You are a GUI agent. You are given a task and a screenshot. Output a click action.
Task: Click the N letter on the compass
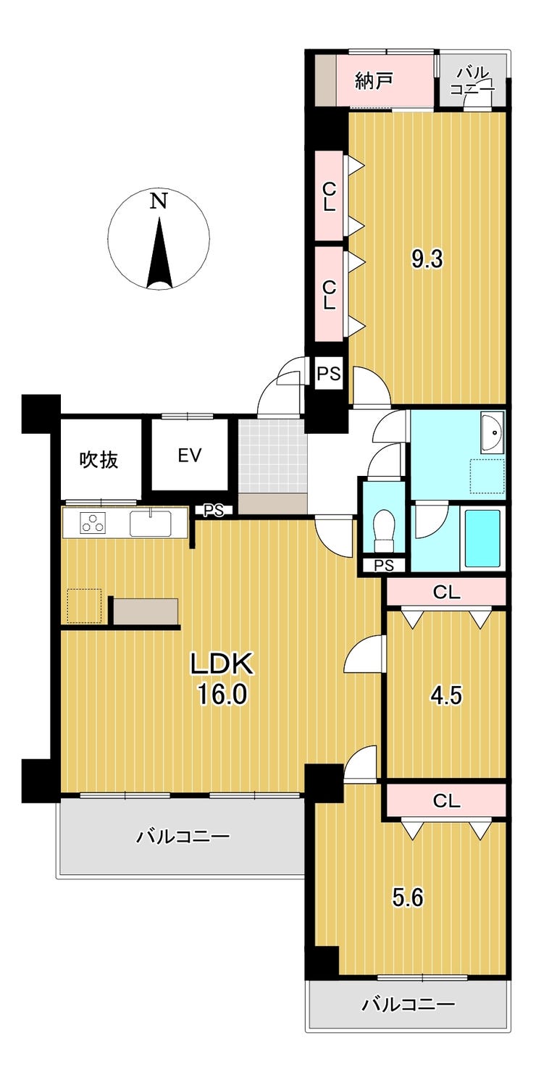[159, 201]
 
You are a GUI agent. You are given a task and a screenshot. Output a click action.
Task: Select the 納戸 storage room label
[374, 80]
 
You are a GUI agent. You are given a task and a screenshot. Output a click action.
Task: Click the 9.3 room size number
[427, 259]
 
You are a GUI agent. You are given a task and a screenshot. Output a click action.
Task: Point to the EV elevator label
[190, 455]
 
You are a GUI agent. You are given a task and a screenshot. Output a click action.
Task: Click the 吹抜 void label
[99, 460]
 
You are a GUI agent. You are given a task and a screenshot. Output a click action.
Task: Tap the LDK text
[222, 664]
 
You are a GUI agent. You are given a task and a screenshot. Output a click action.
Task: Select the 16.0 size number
[222, 695]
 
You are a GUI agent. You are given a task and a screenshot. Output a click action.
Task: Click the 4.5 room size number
[446, 695]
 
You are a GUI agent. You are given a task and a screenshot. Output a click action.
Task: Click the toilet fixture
[384, 530]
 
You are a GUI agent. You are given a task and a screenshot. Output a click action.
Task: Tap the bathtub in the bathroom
[482, 537]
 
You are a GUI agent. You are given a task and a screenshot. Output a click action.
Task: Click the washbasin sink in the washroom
[492, 432]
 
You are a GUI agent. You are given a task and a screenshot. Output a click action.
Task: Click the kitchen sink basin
[150, 523]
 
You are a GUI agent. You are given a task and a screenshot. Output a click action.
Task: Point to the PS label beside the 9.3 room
[329, 374]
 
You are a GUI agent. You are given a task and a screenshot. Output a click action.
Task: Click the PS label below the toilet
[384, 565]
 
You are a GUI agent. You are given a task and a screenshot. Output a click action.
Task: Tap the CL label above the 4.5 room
[446, 593]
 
